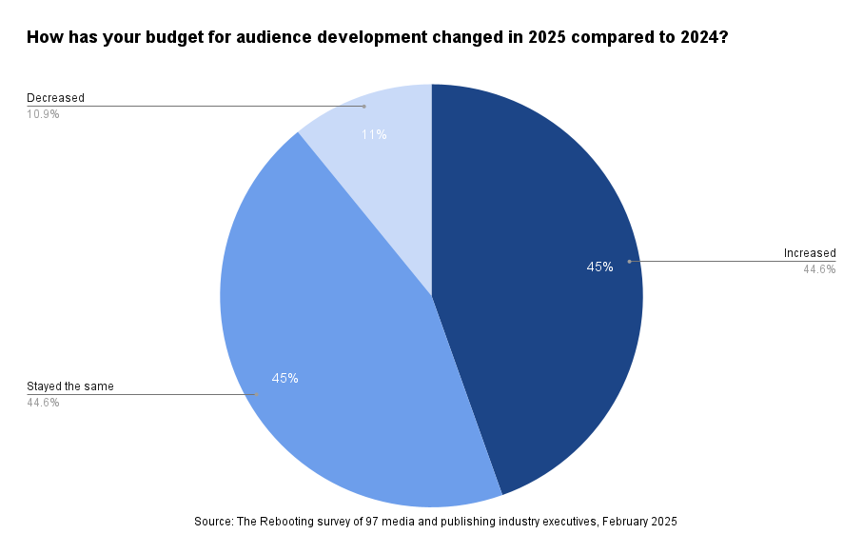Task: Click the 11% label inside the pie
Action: pos(374,135)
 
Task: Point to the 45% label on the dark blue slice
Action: pos(599,267)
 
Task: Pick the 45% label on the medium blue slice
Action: pos(284,378)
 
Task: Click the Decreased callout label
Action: pos(55,98)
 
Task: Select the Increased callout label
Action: pos(810,253)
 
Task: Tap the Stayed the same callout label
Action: pos(70,386)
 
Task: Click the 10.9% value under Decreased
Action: pos(43,114)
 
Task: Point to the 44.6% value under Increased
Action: pos(819,269)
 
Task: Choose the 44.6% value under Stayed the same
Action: pos(43,403)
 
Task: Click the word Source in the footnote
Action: pos(214,522)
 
